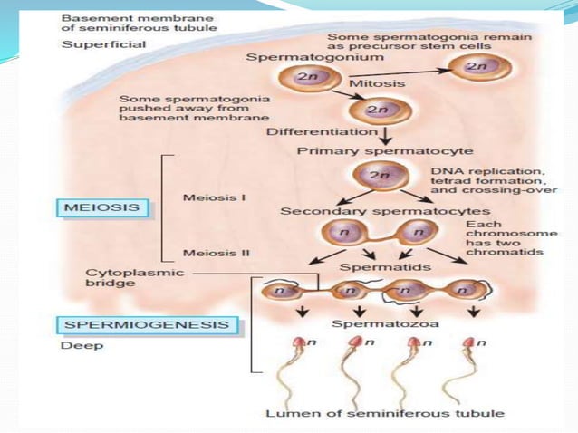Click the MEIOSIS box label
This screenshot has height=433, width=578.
(102, 207)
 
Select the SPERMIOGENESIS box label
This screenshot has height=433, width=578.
(147, 325)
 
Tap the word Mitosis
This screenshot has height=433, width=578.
(377, 83)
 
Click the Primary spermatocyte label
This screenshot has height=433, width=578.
(385, 151)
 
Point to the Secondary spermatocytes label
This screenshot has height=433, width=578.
(385, 211)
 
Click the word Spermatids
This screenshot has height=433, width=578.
(385, 267)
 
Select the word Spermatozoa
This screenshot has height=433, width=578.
(385, 323)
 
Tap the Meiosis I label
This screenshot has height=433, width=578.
(214, 197)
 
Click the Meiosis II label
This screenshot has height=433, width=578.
(217, 253)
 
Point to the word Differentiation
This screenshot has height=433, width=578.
(323, 131)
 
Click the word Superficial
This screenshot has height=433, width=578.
(103, 44)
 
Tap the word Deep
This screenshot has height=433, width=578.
(82, 346)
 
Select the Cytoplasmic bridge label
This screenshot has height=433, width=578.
(135, 278)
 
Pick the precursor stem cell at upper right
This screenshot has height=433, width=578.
(480, 68)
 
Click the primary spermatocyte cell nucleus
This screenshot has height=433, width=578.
(379, 174)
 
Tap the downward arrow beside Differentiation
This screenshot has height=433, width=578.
(386, 136)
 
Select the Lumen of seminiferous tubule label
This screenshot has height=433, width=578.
(385, 413)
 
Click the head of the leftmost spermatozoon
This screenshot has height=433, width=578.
(299, 342)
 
